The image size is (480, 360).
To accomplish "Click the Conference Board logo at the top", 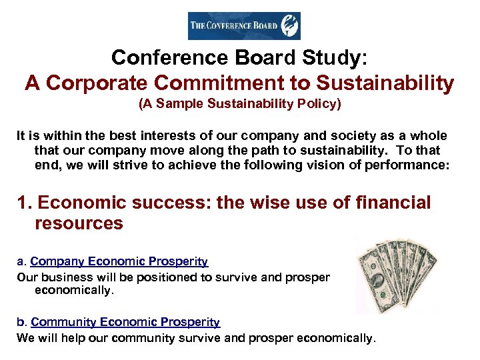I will (243, 26).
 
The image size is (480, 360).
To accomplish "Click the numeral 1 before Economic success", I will (22, 203).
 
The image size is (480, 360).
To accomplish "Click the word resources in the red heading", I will (79, 223).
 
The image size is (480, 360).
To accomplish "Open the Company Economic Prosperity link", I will (119, 262).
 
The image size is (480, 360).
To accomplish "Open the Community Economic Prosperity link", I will (125, 322).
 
